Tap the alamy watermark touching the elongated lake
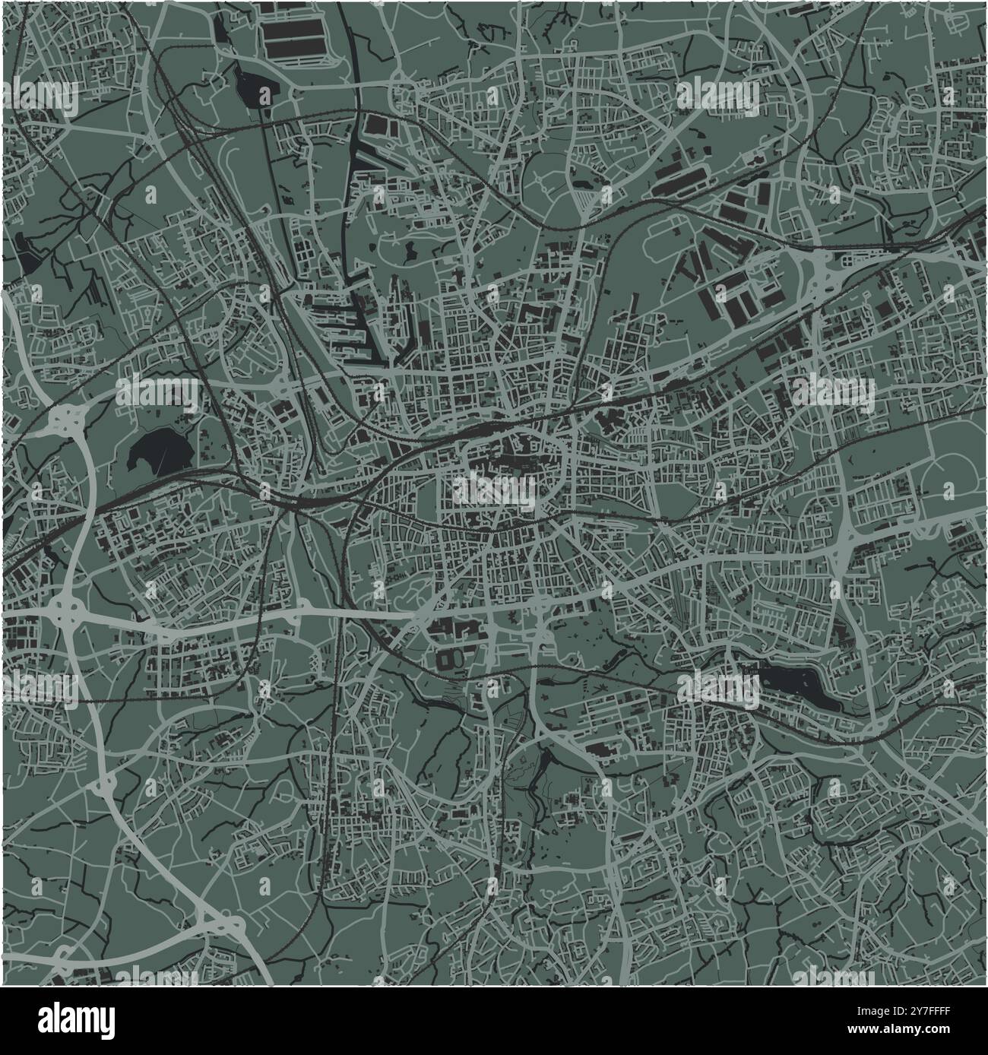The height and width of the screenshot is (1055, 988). coord(718,689)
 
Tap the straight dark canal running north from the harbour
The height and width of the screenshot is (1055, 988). coord(352,190)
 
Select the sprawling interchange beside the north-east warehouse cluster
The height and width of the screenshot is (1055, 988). coord(817,274)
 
